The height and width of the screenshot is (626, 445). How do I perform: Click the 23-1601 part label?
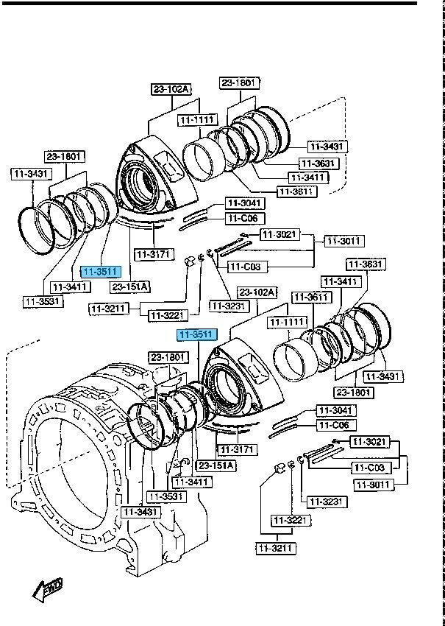pyautogui.click(x=65, y=156)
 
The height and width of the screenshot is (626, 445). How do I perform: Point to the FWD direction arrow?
pyautogui.click(x=48, y=589)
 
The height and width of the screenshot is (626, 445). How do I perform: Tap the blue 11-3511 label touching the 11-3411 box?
pyautogui.click(x=100, y=272)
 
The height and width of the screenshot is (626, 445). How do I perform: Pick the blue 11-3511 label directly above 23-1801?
pyautogui.click(x=196, y=335)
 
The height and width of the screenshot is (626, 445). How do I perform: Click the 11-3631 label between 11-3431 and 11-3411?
pyautogui.click(x=318, y=163)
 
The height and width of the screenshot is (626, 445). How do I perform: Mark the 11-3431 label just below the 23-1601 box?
pyautogui.click(x=30, y=174)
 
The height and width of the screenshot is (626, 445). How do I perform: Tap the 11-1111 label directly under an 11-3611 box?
pyautogui.click(x=287, y=323)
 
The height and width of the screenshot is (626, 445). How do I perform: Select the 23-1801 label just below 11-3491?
pyautogui.click(x=355, y=393)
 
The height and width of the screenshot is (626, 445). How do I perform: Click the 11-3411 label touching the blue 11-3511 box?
pyautogui.click(x=66, y=286)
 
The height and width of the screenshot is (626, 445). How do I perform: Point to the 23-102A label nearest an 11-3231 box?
pyautogui.click(x=257, y=292)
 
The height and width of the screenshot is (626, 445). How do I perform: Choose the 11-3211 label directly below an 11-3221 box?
pyautogui.click(x=275, y=548)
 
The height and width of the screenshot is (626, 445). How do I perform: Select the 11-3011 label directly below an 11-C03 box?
pyautogui.click(x=373, y=484)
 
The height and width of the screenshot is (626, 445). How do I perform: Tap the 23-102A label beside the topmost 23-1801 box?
pyautogui.click(x=171, y=90)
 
